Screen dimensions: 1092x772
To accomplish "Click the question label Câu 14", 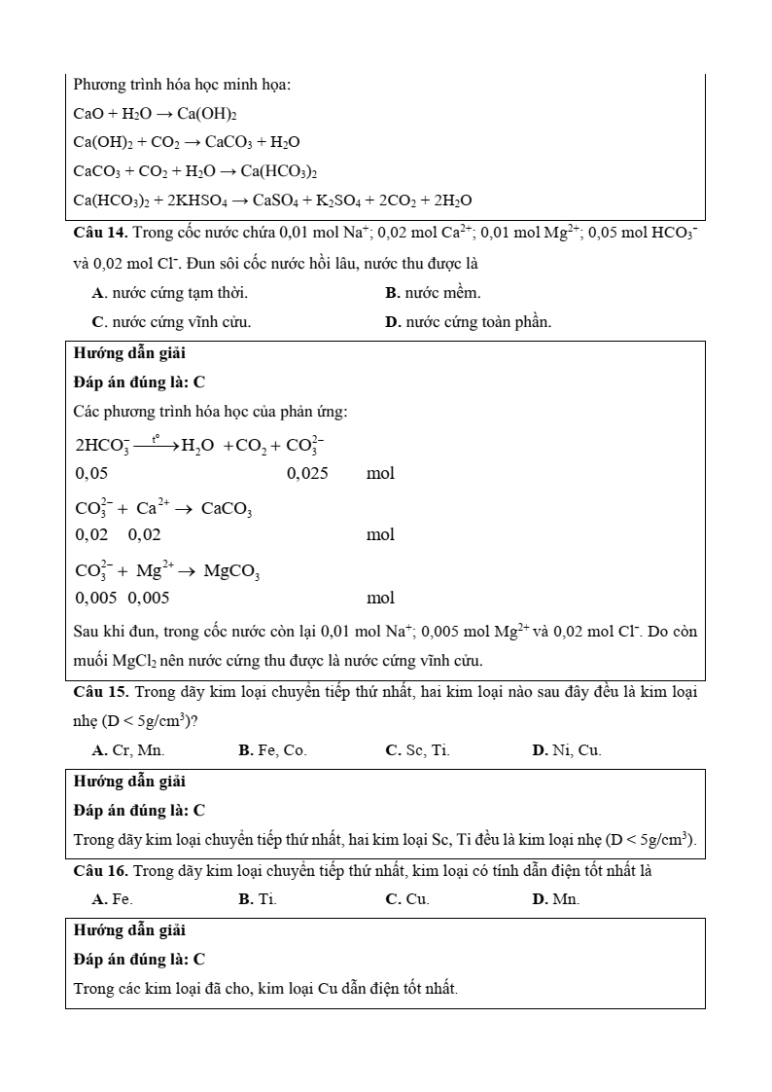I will [100, 234].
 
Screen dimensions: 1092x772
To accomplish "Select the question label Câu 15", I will [100, 693].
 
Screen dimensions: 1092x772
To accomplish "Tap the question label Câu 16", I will [100, 871].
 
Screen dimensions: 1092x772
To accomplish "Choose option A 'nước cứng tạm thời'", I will [170, 293].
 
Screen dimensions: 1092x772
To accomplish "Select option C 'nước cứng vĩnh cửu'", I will [172, 322].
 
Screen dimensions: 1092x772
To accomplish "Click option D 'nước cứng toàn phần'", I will [468, 322].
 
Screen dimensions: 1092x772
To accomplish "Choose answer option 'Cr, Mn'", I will [128, 750].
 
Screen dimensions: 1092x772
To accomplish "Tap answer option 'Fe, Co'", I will [272, 750].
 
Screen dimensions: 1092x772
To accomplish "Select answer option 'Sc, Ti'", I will [418, 750].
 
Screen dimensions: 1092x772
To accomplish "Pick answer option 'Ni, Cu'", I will [567, 750].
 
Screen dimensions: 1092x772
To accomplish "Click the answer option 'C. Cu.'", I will [407, 899].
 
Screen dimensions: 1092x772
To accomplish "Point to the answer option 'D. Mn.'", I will [556, 899].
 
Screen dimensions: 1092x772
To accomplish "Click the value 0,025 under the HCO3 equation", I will [307, 474].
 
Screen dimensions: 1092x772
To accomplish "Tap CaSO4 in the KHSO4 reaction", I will [278, 200].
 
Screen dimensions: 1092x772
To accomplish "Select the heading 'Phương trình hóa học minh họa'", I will [182, 85].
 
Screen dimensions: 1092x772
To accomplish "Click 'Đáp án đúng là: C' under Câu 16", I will [139, 959].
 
